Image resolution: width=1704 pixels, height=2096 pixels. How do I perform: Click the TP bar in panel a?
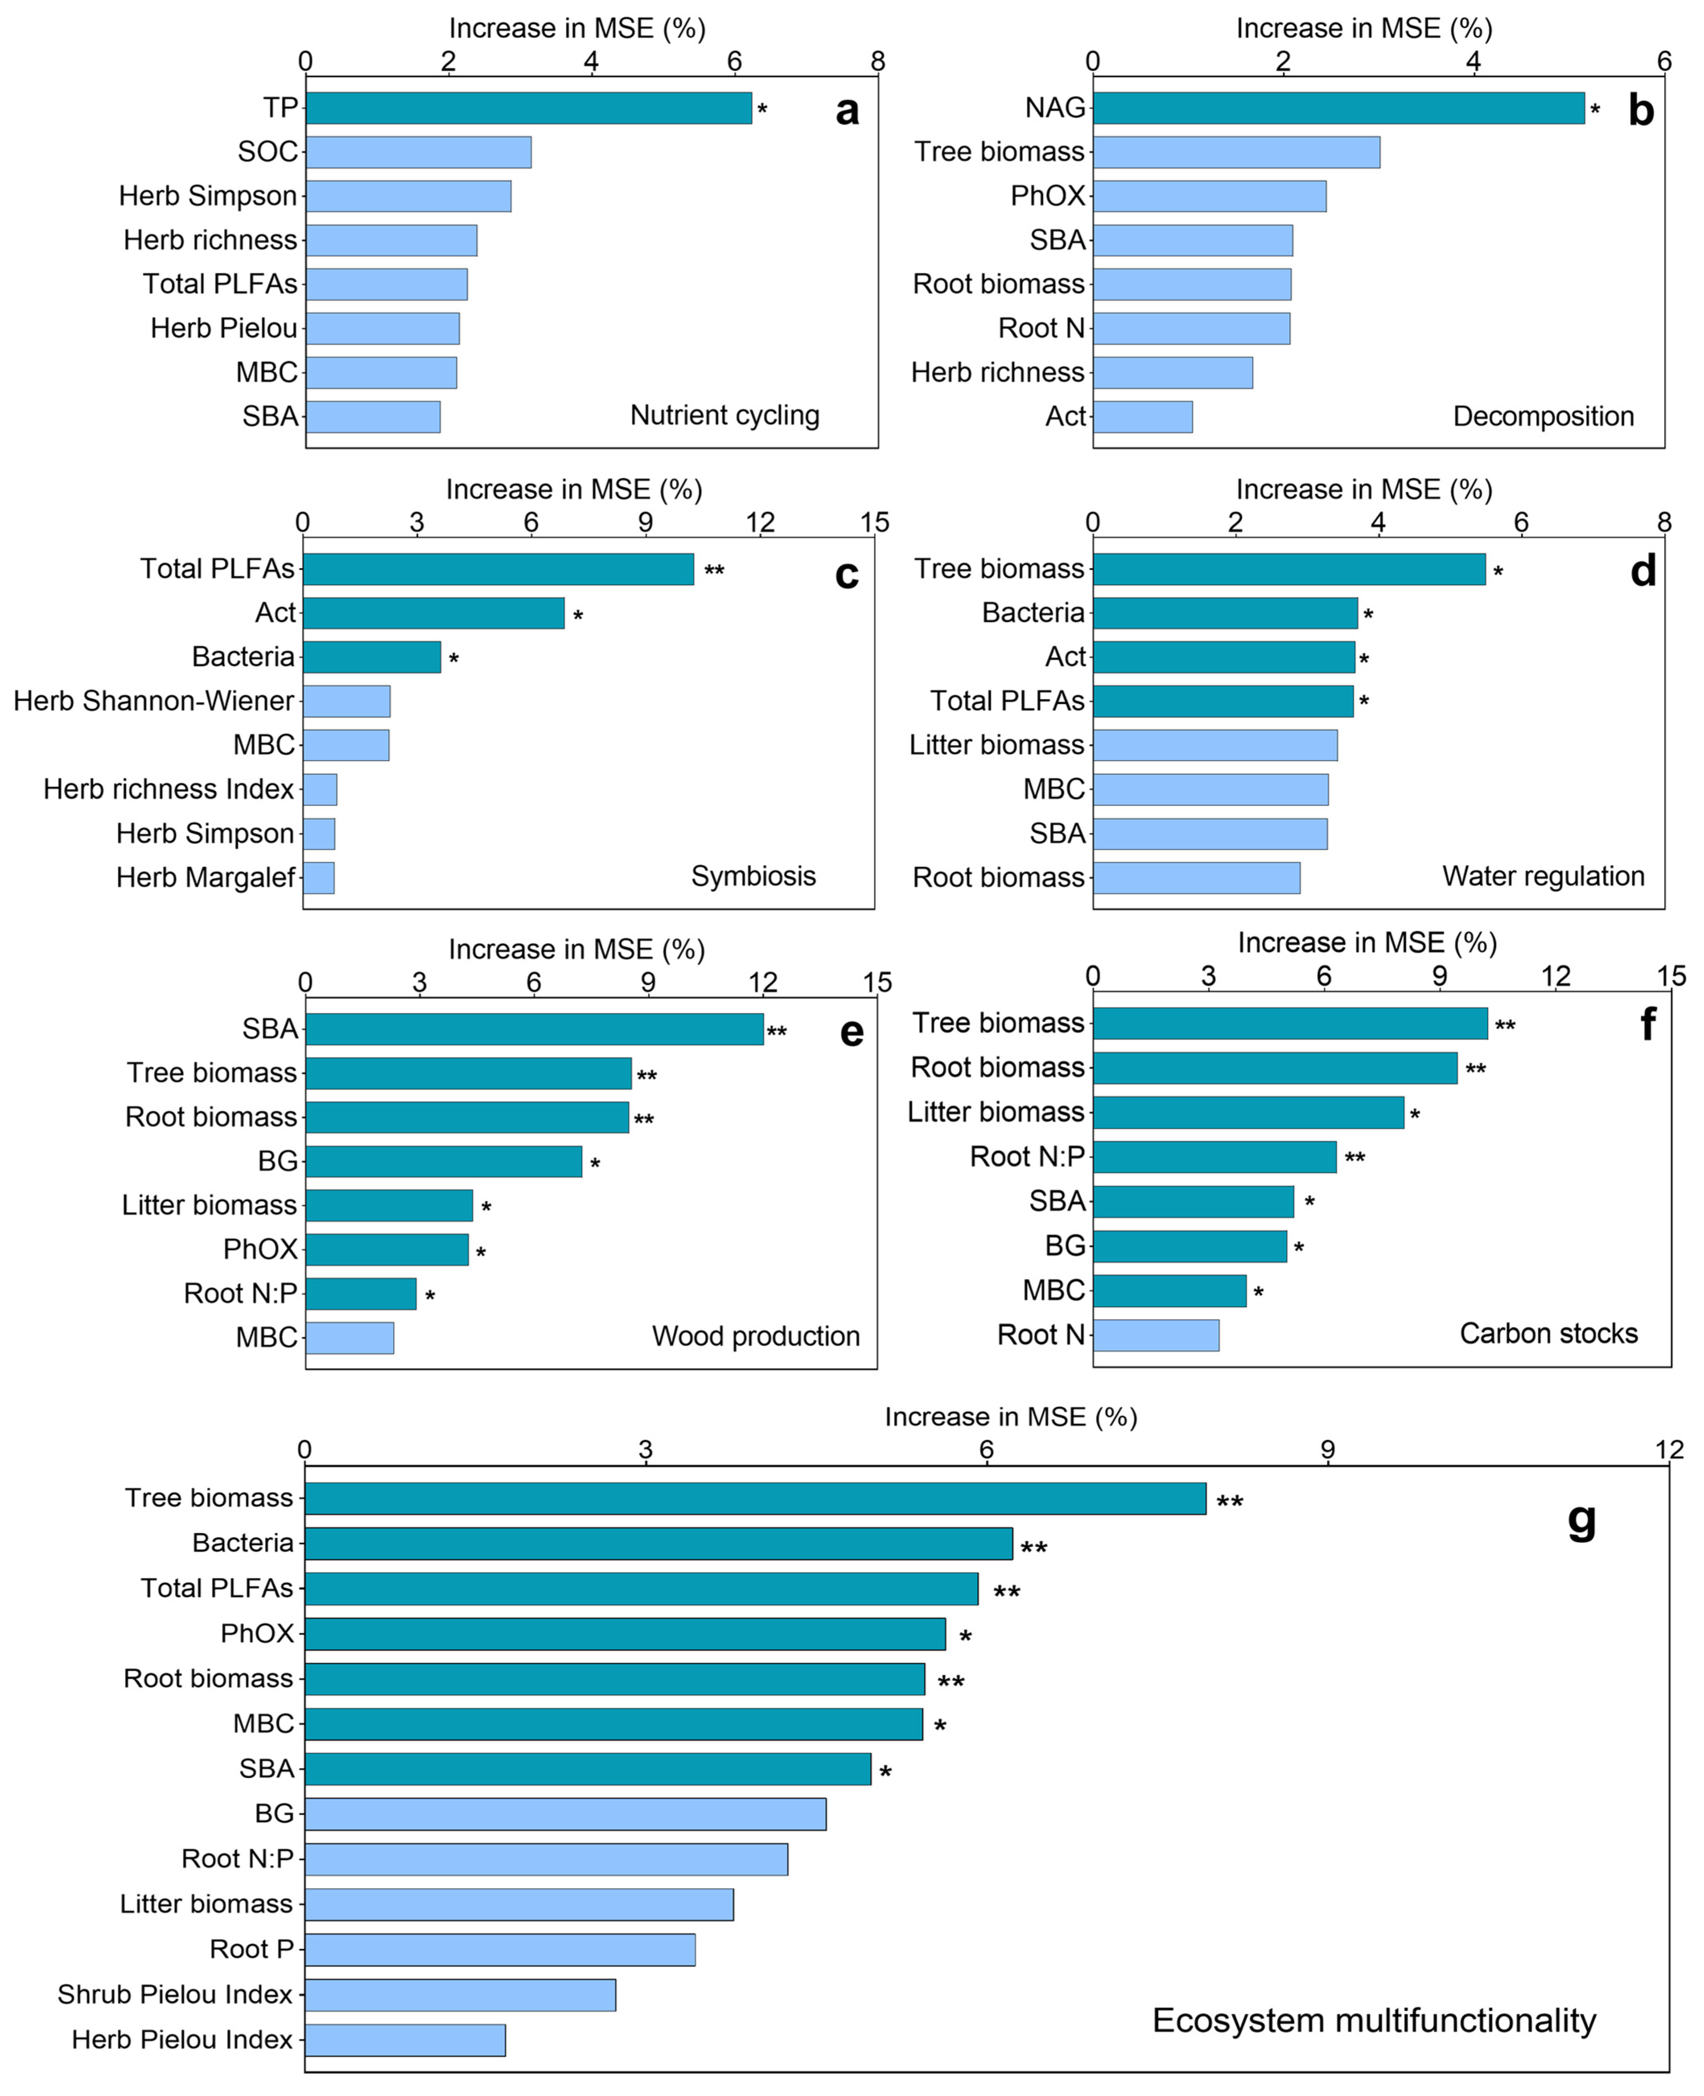(528, 108)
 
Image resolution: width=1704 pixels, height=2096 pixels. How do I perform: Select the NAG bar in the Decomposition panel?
(1338, 108)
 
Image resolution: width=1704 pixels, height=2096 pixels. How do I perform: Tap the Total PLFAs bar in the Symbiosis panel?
(497, 569)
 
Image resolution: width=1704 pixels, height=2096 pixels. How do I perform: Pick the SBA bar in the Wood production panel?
(534, 1028)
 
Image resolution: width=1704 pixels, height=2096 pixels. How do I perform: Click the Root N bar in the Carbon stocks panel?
(1156, 1334)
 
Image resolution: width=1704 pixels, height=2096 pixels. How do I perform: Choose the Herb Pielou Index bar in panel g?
(405, 2040)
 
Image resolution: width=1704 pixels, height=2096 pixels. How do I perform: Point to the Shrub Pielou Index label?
(175, 1994)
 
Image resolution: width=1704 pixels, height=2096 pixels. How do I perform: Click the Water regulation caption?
(1543, 876)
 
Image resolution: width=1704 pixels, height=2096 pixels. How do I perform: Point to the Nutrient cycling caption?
(724, 415)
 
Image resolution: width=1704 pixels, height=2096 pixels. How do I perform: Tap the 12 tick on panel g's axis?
(1669, 1449)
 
